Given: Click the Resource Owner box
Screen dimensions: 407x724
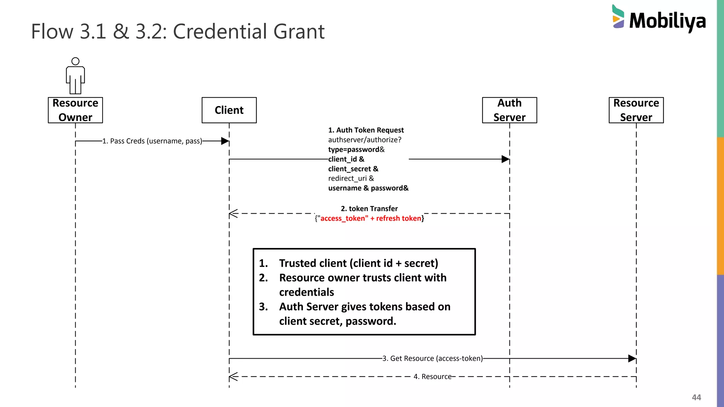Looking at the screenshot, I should click(x=75, y=110).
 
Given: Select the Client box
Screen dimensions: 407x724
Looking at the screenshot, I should click(x=229, y=110).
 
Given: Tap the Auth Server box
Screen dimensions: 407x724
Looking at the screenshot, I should click(x=509, y=110).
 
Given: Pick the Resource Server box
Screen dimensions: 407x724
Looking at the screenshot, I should click(x=636, y=110).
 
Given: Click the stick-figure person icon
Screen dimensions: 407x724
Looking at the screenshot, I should click(x=75, y=76).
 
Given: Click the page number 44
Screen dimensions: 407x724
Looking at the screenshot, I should click(x=696, y=397).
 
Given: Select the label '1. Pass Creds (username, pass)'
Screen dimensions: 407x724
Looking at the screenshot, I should click(x=152, y=141).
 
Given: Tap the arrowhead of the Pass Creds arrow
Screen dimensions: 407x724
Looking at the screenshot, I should click(x=225, y=141).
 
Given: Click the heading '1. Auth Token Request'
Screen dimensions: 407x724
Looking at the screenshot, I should click(x=366, y=130).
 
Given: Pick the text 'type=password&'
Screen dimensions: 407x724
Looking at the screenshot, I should click(x=356, y=149).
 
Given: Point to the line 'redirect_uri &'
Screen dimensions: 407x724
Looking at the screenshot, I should click(x=351, y=178).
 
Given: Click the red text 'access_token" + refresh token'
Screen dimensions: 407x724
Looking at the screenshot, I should click(x=370, y=218).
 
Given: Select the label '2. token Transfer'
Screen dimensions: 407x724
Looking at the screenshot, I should click(x=369, y=208).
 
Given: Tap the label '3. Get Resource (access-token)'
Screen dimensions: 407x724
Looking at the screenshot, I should click(x=432, y=359).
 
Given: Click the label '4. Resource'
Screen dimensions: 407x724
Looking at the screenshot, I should click(x=432, y=377).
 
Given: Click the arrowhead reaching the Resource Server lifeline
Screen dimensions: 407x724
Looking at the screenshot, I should click(x=632, y=359).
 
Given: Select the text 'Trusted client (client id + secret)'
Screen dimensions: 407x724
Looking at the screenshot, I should click(x=358, y=263).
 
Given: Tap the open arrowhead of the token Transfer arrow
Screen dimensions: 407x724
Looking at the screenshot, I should click(x=233, y=213).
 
